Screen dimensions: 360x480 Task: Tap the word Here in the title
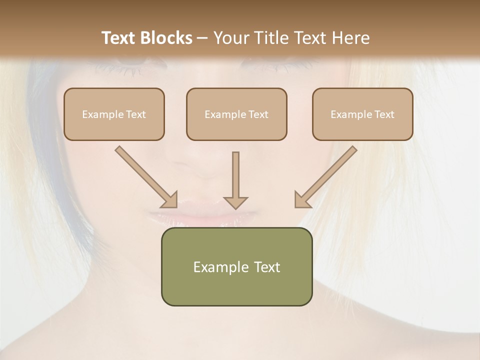(x=350, y=38)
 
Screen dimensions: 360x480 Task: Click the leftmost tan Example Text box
(x=114, y=114)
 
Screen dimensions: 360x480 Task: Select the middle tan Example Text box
(x=236, y=114)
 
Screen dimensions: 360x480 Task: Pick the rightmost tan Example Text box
(x=362, y=114)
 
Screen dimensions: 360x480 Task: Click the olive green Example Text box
(x=236, y=266)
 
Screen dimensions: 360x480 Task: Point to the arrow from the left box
(x=146, y=177)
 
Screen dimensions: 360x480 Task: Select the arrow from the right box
(x=325, y=177)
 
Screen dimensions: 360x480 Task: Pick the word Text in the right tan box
(x=384, y=114)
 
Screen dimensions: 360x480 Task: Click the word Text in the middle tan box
(x=258, y=114)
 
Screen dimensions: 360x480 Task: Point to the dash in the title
(x=202, y=38)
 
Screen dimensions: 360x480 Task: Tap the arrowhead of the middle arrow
(x=235, y=202)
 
